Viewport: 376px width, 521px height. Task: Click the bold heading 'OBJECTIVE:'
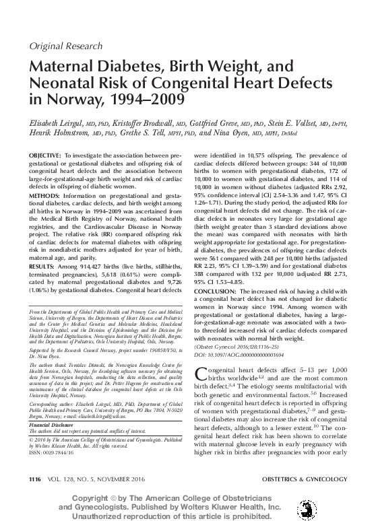click(x=44, y=155)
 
